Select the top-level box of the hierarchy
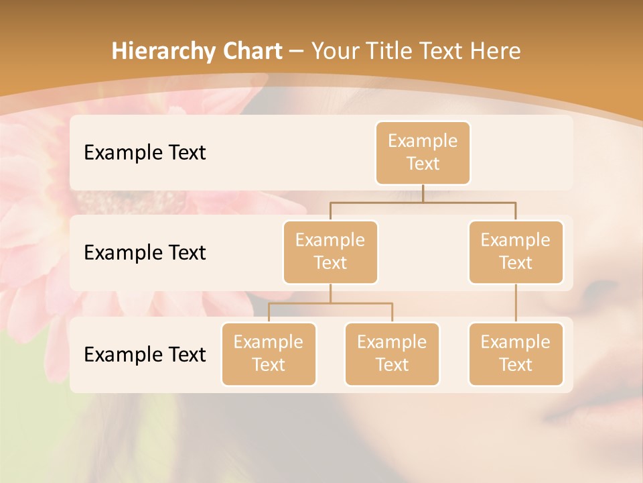tap(423, 152)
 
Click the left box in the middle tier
tap(330, 252)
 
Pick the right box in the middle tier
tap(516, 252)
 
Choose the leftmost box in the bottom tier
tap(269, 354)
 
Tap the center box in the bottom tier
tap(392, 354)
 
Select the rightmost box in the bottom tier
tap(516, 354)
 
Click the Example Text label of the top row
tap(145, 153)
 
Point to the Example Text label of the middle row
tap(145, 253)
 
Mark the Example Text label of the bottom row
tap(145, 354)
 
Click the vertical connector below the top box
tap(423, 193)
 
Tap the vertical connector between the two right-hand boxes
tap(516, 303)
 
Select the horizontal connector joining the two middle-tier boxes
tap(422, 201)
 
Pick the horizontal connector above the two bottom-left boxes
tap(330, 303)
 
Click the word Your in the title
tap(334, 52)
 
